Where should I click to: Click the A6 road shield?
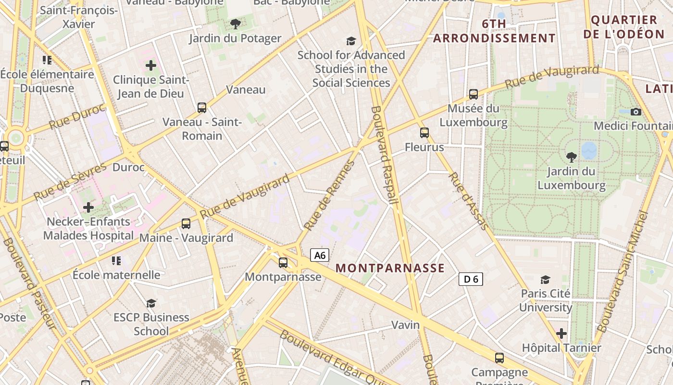pyautogui.click(x=320, y=255)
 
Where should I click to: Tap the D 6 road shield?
pyautogui.click(x=470, y=279)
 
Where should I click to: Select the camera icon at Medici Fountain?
pyautogui.click(x=636, y=112)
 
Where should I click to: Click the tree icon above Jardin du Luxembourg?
pyautogui.click(x=571, y=156)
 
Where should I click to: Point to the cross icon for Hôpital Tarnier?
pyautogui.click(x=561, y=333)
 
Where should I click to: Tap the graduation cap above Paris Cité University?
pyautogui.click(x=545, y=279)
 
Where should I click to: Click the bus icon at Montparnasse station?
pyautogui.click(x=283, y=262)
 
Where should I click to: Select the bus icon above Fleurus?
pyautogui.click(x=424, y=132)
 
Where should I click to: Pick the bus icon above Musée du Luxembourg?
pyautogui.click(x=473, y=94)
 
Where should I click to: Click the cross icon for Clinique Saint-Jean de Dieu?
pyautogui.click(x=151, y=65)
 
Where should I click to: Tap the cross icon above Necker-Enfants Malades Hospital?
pyautogui.click(x=88, y=207)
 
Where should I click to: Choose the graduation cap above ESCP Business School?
pyautogui.click(x=151, y=303)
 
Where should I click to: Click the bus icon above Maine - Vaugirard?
pyautogui.click(x=186, y=223)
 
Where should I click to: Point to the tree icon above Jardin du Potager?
pyautogui.click(x=235, y=24)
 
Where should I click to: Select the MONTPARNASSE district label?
pyautogui.click(x=390, y=268)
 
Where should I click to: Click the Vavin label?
pyautogui.click(x=405, y=325)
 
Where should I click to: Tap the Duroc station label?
pyautogui.click(x=128, y=167)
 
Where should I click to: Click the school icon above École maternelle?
pyautogui.click(x=116, y=260)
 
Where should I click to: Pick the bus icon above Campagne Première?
pyautogui.click(x=499, y=358)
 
